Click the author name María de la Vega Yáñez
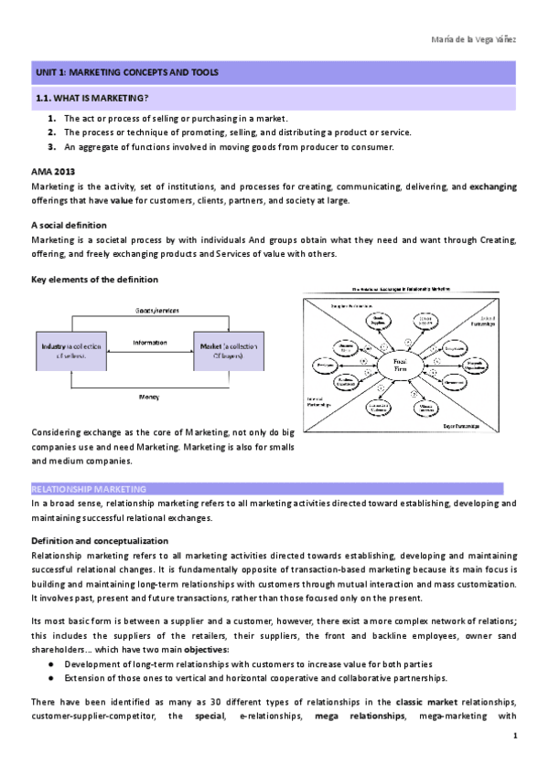click(473, 39)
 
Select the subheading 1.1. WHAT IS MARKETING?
click(92, 98)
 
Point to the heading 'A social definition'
click(69, 225)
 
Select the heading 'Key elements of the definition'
click(94, 279)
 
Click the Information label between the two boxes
click(150, 343)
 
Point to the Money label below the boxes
click(150, 398)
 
